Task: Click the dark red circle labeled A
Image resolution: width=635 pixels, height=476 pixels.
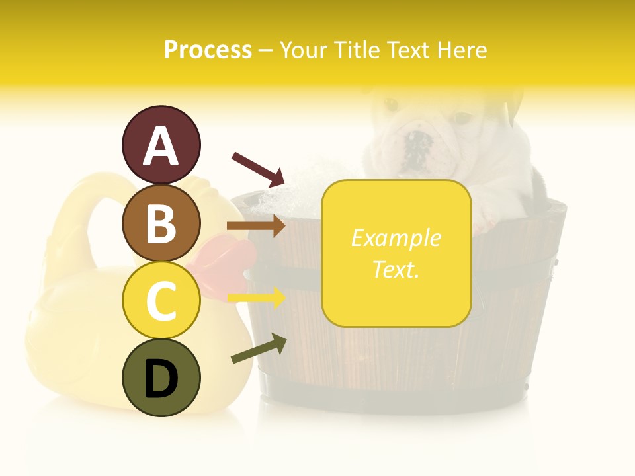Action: coord(161,145)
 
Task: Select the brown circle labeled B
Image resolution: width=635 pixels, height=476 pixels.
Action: coord(161,223)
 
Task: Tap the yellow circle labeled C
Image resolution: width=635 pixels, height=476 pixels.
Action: coord(161,301)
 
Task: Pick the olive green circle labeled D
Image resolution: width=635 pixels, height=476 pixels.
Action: coord(161,378)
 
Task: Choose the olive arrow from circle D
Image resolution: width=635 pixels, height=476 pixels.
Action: coord(258,349)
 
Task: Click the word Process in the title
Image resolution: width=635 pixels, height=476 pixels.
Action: coord(208,50)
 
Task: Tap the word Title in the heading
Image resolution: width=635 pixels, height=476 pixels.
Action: coord(358,50)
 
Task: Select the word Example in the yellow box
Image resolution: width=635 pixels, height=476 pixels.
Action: coord(396,238)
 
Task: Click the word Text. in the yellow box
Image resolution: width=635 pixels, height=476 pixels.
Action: coord(396,269)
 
